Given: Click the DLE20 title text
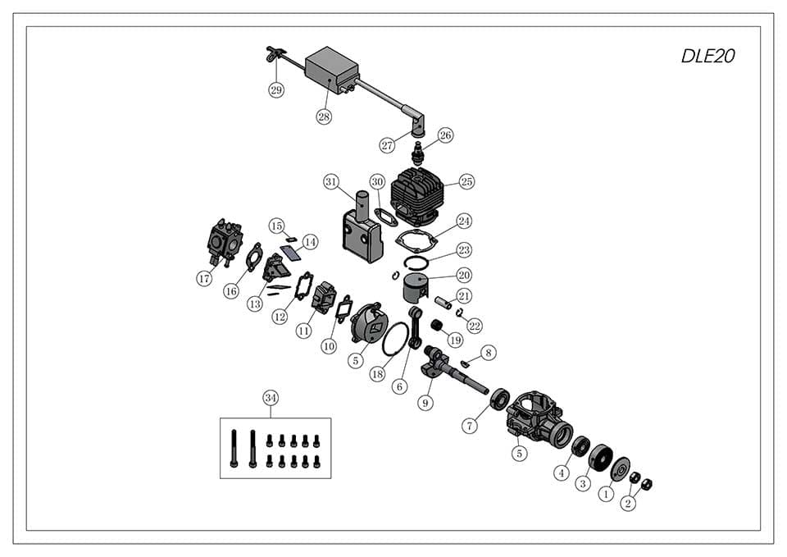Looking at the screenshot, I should pos(708,57).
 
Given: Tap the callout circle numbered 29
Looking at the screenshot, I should pos(276,90).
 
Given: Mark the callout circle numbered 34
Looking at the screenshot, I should pos(271,398).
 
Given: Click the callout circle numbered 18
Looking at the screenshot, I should pos(377,373).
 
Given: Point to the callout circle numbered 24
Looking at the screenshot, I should pos(465,221).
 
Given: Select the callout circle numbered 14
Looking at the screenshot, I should pos(310,242).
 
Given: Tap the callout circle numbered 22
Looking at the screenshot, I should pos(475,326).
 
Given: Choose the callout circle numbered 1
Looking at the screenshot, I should pos(606,494).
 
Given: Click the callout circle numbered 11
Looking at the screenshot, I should pos(304,331).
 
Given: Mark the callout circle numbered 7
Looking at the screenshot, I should pos(468,426).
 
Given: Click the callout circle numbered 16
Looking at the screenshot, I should pos(231,290).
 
